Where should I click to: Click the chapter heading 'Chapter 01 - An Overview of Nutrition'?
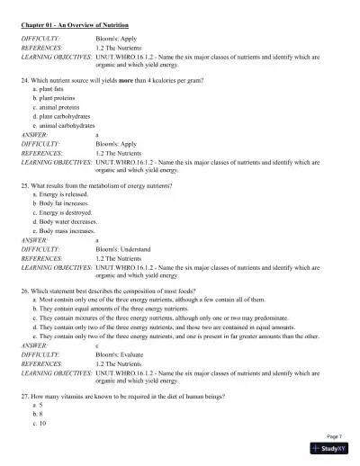coord(75,26)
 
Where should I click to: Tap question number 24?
coord(25,81)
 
